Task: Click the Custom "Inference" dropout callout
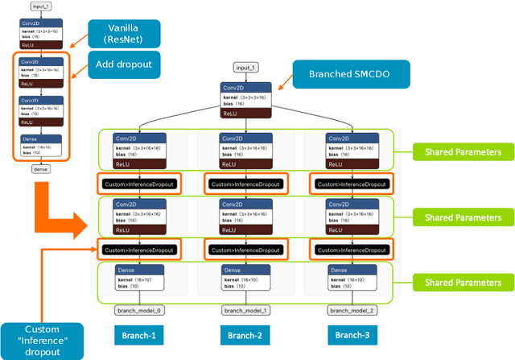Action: tap(43, 340)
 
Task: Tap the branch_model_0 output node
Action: tap(135, 310)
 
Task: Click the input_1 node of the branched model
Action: tap(245, 68)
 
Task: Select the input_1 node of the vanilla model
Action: tap(40, 6)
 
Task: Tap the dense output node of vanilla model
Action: tap(40, 169)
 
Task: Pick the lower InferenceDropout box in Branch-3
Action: tap(351, 250)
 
